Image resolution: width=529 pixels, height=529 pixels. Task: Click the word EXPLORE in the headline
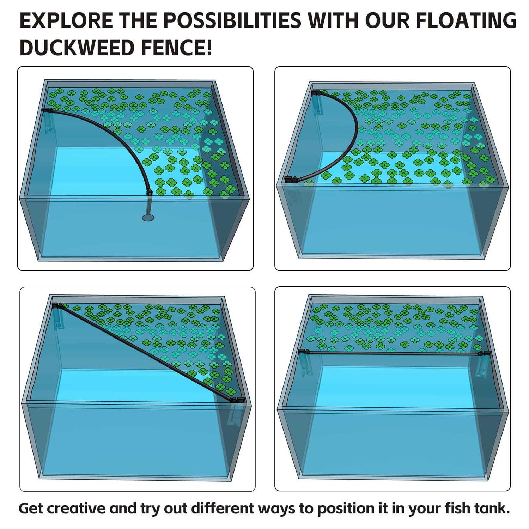pos(66,20)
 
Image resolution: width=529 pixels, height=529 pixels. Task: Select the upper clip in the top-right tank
pos(317,102)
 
